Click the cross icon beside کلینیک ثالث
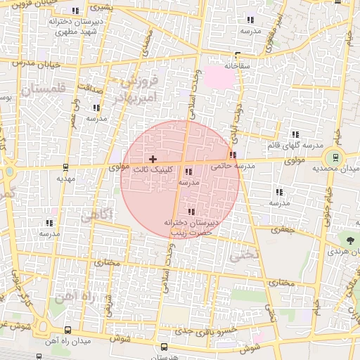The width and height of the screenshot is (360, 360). pyautogui.click(x=153, y=160)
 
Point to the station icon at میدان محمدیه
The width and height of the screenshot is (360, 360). pyautogui.click(x=335, y=157)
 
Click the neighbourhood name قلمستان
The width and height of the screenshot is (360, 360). pyautogui.click(x=41, y=89)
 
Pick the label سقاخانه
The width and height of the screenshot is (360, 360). pyautogui.click(x=238, y=65)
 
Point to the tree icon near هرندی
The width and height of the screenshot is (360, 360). pyautogui.click(x=350, y=240)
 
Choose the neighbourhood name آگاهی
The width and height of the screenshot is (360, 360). pyautogui.click(x=95, y=217)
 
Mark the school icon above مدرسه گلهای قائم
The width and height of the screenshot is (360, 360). pyautogui.click(x=295, y=134)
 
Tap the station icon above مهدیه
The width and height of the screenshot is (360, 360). pyautogui.click(x=65, y=167)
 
